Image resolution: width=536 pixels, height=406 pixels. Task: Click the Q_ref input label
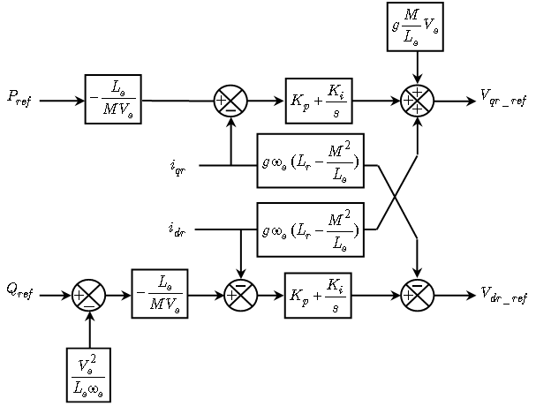pyautogui.click(x=19, y=293)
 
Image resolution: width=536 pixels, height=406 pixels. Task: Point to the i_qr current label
pyautogui.click(x=177, y=167)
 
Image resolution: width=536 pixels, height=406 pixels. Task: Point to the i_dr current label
pyautogui.click(x=177, y=229)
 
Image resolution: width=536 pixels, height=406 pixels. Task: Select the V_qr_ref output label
pyautogui.click(x=504, y=97)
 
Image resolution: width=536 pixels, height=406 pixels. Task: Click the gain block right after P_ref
pyautogui.click(x=113, y=99)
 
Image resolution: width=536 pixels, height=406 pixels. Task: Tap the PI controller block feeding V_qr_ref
pyautogui.click(x=319, y=100)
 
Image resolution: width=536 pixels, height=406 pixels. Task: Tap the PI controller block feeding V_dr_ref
pyautogui.click(x=318, y=295)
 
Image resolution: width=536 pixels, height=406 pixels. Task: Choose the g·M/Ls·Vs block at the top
pyautogui.click(x=415, y=26)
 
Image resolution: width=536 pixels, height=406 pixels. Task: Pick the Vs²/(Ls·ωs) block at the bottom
pyautogui.click(x=89, y=374)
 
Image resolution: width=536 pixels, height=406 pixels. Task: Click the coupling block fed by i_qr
pyautogui.click(x=310, y=161)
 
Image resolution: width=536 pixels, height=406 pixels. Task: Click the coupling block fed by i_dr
pyautogui.click(x=310, y=229)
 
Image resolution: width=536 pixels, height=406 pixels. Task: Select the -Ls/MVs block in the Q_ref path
pyautogui.click(x=160, y=294)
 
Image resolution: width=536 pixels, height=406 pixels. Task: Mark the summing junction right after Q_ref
pyautogui.click(x=89, y=295)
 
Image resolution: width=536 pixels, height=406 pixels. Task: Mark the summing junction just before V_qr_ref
pyautogui.click(x=417, y=101)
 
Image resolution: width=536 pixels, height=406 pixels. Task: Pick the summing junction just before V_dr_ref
pyautogui.click(x=418, y=295)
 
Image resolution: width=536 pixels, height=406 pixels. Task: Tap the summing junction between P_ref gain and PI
pyautogui.click(x=230, y=101)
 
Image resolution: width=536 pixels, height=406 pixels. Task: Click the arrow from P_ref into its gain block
pyautogui.click(x=62, y=101)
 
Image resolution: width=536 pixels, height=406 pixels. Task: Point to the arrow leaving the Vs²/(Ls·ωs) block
pyautogui.click(x=89, y=330)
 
